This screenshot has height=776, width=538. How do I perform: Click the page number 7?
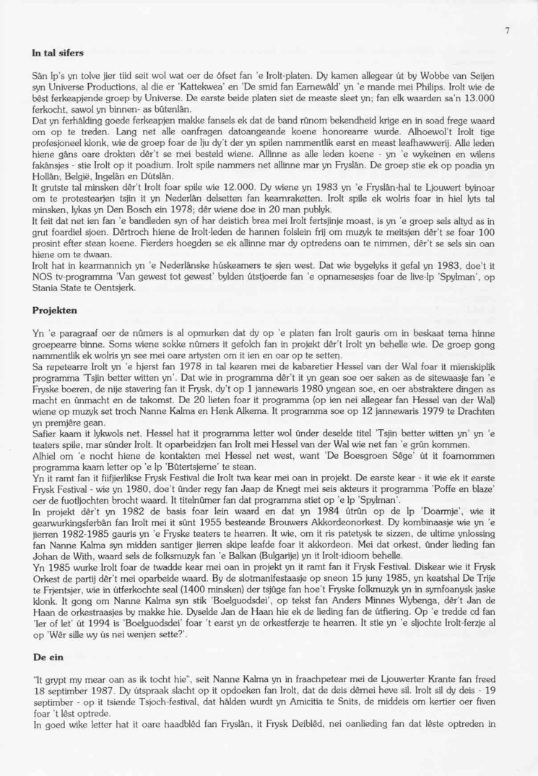508,30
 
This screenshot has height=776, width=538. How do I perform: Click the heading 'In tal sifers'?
58,53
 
